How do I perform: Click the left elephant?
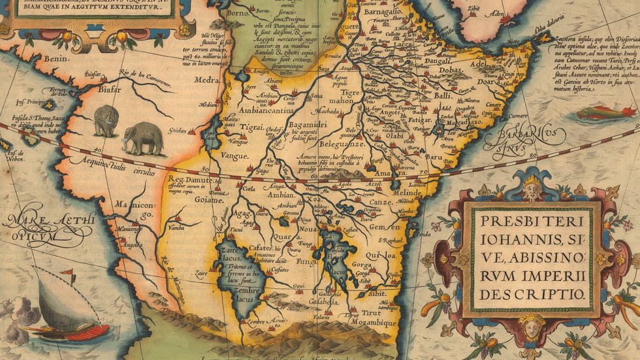pos(105,121)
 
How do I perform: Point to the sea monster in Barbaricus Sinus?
pos(603,112)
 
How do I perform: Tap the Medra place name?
pos(207,81)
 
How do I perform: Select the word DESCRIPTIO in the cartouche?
pos(531,294)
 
